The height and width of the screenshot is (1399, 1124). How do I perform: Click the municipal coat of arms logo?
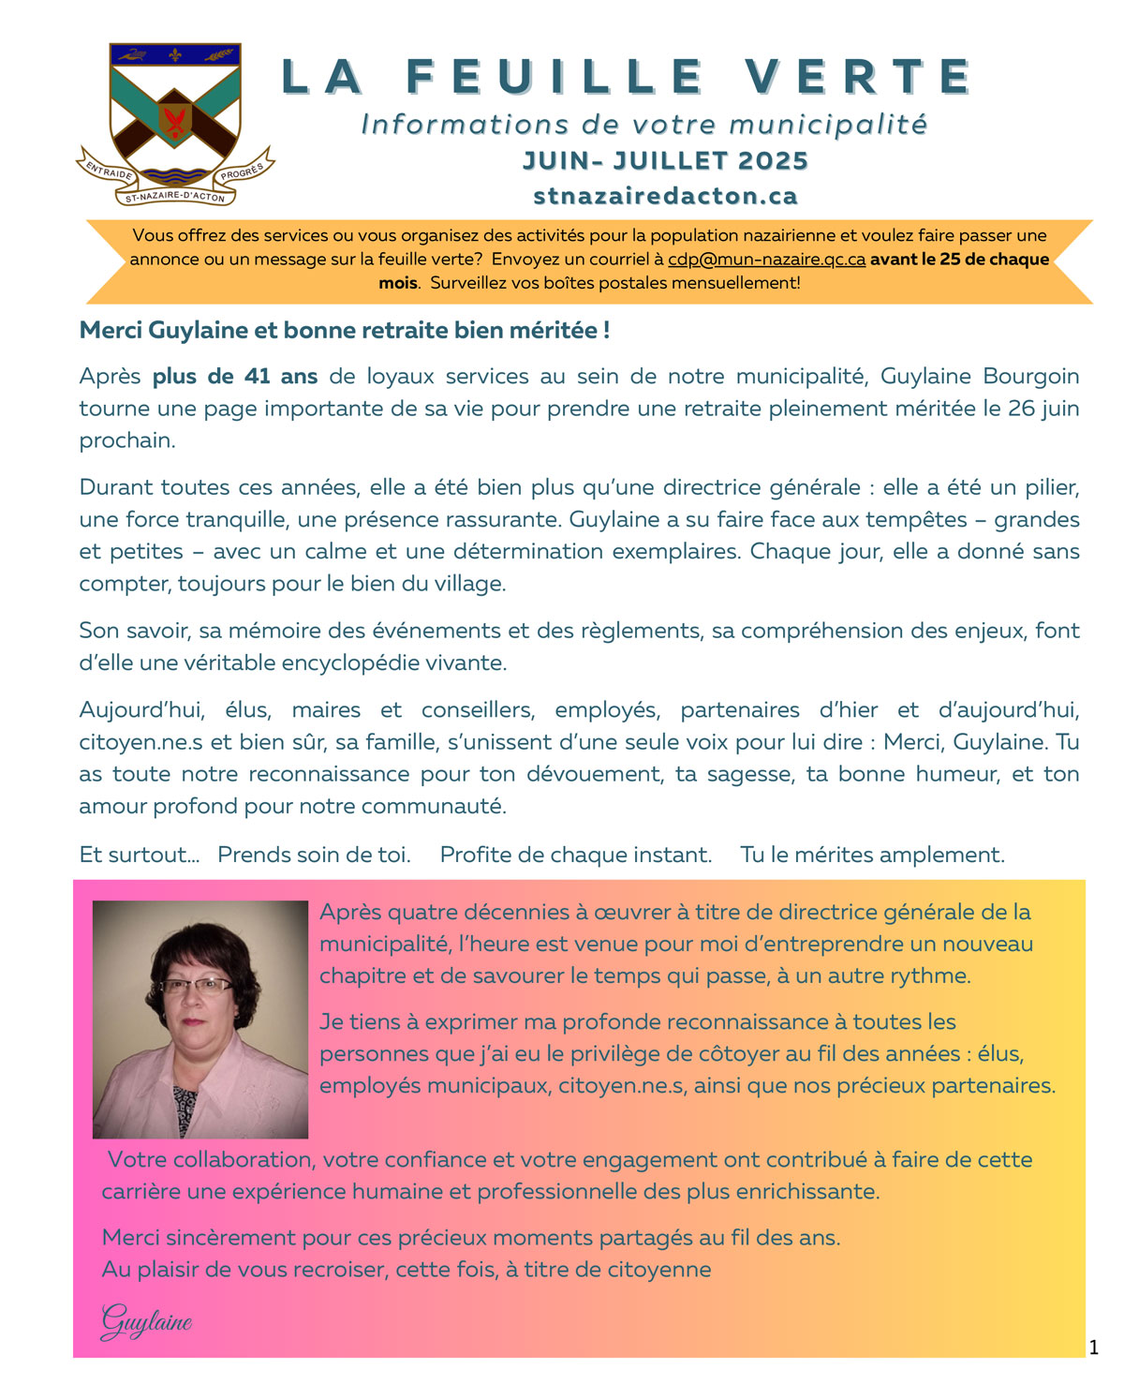click(x=175, y=108)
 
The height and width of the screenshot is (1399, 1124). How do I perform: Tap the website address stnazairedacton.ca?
click(x=665, y=196)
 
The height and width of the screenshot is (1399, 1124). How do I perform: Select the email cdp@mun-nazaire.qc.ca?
click(x=766, y=260)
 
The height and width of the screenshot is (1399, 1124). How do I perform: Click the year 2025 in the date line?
click(x=773, y=161)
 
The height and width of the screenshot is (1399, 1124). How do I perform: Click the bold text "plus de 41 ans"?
click(x=235, y=377)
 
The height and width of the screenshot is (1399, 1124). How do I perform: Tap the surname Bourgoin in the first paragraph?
click(x=1030, y=377)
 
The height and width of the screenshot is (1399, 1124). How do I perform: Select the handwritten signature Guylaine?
click(x=146, y=1321)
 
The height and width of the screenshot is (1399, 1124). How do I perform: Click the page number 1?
click(x=1093, y=1348)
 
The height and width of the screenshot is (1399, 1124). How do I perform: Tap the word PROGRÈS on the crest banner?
click(x=242, y=171)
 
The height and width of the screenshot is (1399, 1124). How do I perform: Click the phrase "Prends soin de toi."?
click(x=314, y=855)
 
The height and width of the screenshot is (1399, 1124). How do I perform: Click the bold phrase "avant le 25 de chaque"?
click(x=959, y=260)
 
